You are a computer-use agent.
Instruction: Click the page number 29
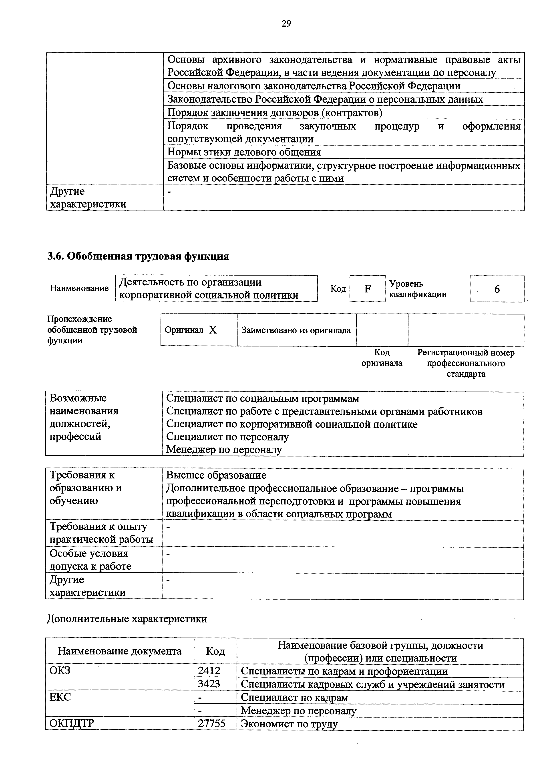click(286, 23)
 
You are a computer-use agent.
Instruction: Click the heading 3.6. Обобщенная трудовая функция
click(138, 256)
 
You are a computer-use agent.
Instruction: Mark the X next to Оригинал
click(213, 330)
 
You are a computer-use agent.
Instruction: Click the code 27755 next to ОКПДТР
click(212, 723)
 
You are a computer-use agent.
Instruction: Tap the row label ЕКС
click(60, 697)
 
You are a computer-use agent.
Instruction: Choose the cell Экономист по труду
click(289, 724)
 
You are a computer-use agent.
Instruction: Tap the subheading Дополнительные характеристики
click(127, 619)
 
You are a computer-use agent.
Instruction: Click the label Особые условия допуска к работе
click(90, 560)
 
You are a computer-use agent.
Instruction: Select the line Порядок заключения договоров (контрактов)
click(275, 112)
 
